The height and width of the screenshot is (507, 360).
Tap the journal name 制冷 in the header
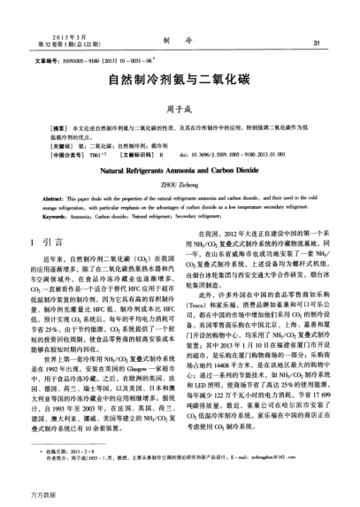tap(180, 41)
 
